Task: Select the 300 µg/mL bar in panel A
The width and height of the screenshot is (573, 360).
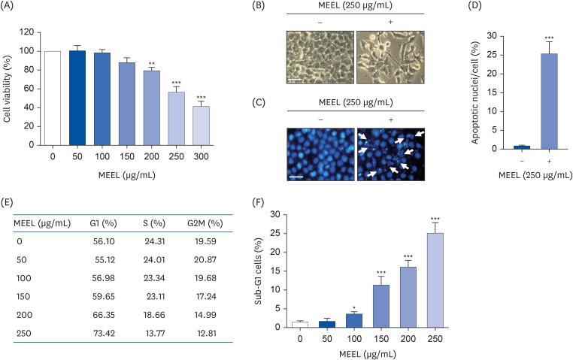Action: pos(200,125)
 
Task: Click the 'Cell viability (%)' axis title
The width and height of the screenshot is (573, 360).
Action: pos(8,86)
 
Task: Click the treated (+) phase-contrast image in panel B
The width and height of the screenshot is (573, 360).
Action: pos(390,57)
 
